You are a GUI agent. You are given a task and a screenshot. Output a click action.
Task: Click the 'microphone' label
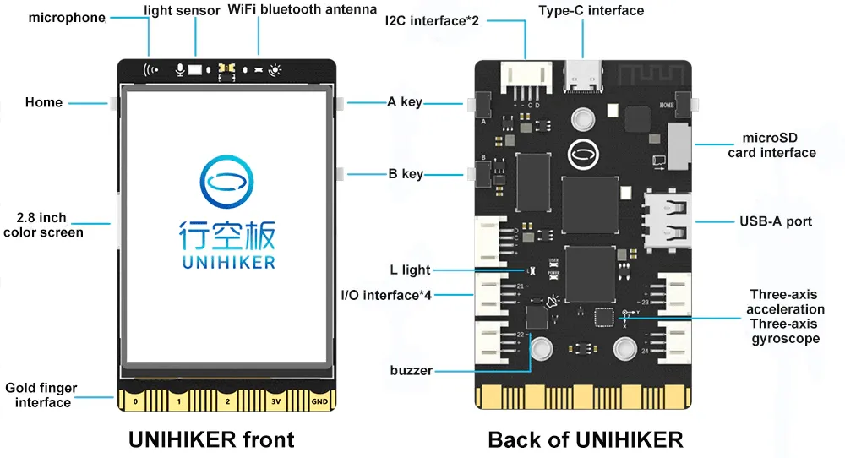67,17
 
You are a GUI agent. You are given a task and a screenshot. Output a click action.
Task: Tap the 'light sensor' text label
182,10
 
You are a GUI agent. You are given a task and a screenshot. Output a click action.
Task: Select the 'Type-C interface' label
591,10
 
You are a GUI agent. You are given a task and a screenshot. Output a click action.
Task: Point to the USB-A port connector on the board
668,221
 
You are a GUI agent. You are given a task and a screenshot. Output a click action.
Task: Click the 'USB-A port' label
775,221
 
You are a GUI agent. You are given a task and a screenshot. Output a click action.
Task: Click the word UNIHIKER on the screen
228,263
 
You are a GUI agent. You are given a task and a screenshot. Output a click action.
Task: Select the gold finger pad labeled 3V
275,401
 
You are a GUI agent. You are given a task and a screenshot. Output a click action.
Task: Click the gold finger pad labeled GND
318,401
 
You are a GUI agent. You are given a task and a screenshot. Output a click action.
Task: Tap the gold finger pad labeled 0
135,401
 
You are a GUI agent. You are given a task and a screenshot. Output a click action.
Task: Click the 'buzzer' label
411,370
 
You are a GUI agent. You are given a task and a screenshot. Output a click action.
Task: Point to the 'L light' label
410,270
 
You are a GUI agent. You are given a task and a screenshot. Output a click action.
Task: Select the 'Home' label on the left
44,102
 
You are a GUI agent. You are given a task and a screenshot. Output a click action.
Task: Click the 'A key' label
405,102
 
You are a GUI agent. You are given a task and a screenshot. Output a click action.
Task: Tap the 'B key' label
405,174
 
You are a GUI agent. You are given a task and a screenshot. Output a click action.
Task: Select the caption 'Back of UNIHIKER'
585,439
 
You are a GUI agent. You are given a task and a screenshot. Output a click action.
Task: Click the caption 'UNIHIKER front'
211,439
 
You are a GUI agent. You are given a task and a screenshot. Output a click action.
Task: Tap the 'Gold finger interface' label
41,395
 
